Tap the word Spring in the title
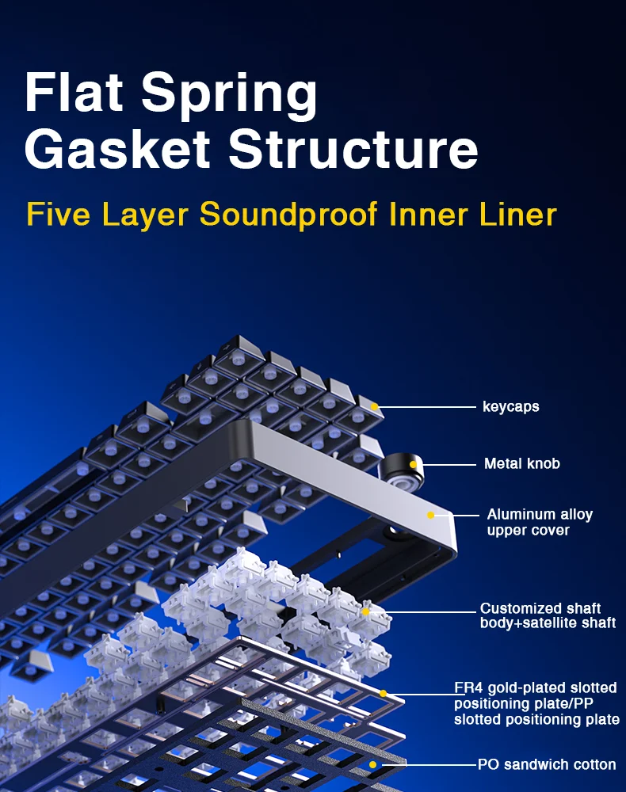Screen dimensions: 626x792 [229, 96]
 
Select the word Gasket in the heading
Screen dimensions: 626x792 [116, 149]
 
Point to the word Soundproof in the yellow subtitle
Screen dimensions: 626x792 [288, 214]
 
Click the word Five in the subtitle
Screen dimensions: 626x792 [58, 214]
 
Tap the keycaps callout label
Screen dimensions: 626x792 [510, 406]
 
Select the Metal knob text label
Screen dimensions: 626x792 [522, 463]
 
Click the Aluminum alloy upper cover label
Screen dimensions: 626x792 [540, 522]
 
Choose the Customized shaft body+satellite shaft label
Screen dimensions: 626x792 [548, 615]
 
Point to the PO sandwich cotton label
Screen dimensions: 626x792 [547, 764]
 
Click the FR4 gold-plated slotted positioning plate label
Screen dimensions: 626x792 [536, 703]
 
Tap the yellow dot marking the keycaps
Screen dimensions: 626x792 [374, 406]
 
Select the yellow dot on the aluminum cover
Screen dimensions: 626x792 [430, 516]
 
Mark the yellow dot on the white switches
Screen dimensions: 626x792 [366, 611]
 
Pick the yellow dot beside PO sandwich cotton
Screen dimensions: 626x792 [373, 765]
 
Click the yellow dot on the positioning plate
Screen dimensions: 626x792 [383, 694]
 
